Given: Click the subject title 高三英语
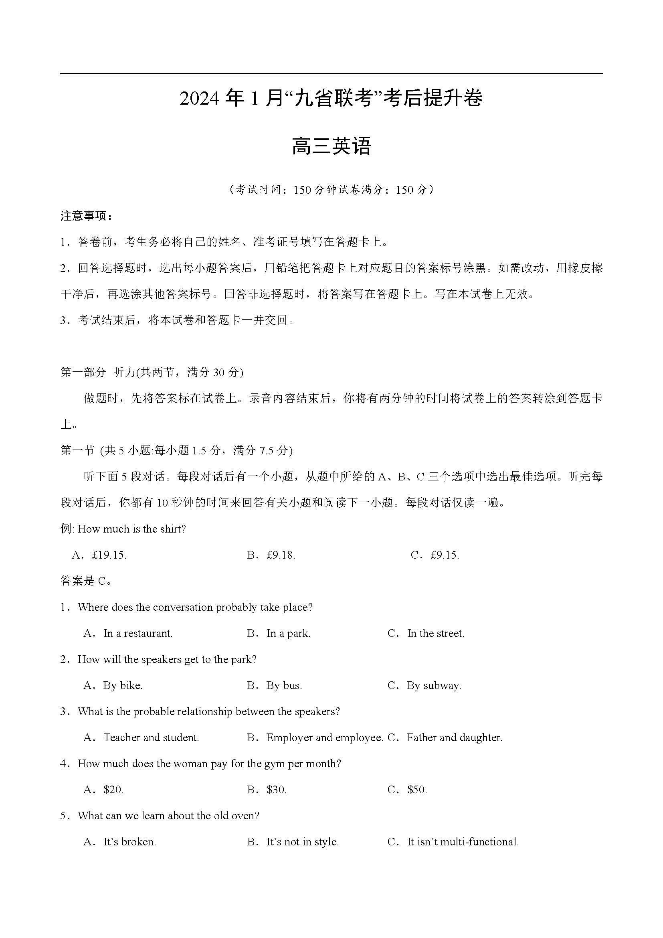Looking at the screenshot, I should [331, 147].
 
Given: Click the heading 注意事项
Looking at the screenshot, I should [85, 216].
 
